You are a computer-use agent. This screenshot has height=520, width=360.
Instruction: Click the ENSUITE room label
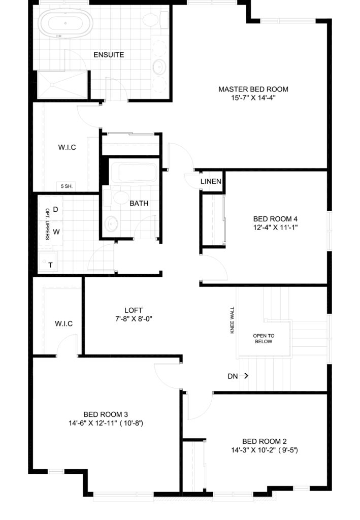109,55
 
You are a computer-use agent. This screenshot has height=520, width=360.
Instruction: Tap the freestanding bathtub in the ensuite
65,23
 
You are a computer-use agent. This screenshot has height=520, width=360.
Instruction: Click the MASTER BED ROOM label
253,89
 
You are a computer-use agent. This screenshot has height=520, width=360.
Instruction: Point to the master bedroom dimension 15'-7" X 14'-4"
253,98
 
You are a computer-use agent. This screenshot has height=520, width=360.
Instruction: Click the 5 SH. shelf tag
67,186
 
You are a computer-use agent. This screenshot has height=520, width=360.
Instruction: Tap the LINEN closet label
211,181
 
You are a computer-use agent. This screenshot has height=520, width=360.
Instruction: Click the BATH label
139,203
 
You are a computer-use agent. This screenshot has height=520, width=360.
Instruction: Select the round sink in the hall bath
111,224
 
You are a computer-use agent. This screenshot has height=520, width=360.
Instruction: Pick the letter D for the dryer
56,209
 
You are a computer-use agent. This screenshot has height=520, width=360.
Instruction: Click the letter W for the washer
56,232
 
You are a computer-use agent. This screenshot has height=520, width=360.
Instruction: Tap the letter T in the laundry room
50,265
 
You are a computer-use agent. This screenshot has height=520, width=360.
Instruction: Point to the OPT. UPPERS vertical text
47,224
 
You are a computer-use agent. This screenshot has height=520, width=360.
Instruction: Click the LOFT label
134,310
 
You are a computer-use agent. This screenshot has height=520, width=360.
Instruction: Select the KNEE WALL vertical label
232,320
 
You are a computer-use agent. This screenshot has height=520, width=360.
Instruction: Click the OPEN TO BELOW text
264,339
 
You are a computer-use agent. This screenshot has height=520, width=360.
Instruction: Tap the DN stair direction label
233,376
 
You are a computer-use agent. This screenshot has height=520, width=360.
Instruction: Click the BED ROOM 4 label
275,219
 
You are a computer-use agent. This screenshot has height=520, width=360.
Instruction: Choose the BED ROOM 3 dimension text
106,423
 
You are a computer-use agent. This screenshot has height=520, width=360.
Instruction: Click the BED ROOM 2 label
264,441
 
